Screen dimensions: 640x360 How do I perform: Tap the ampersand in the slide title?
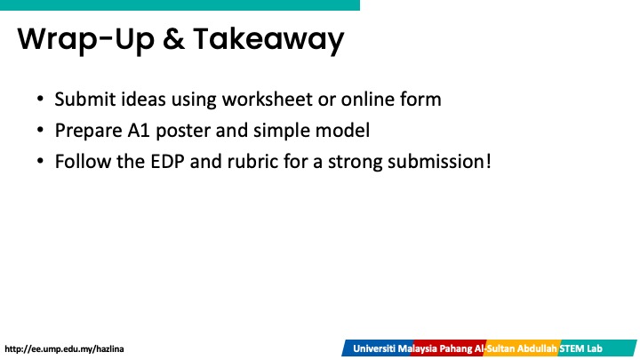173,40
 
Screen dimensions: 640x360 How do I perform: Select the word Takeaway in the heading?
268,41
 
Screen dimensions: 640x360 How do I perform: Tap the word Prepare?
88,131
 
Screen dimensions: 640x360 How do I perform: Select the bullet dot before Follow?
40,161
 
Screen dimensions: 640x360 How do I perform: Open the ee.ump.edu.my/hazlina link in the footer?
64,349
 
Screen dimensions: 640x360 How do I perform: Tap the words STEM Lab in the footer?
580,348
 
